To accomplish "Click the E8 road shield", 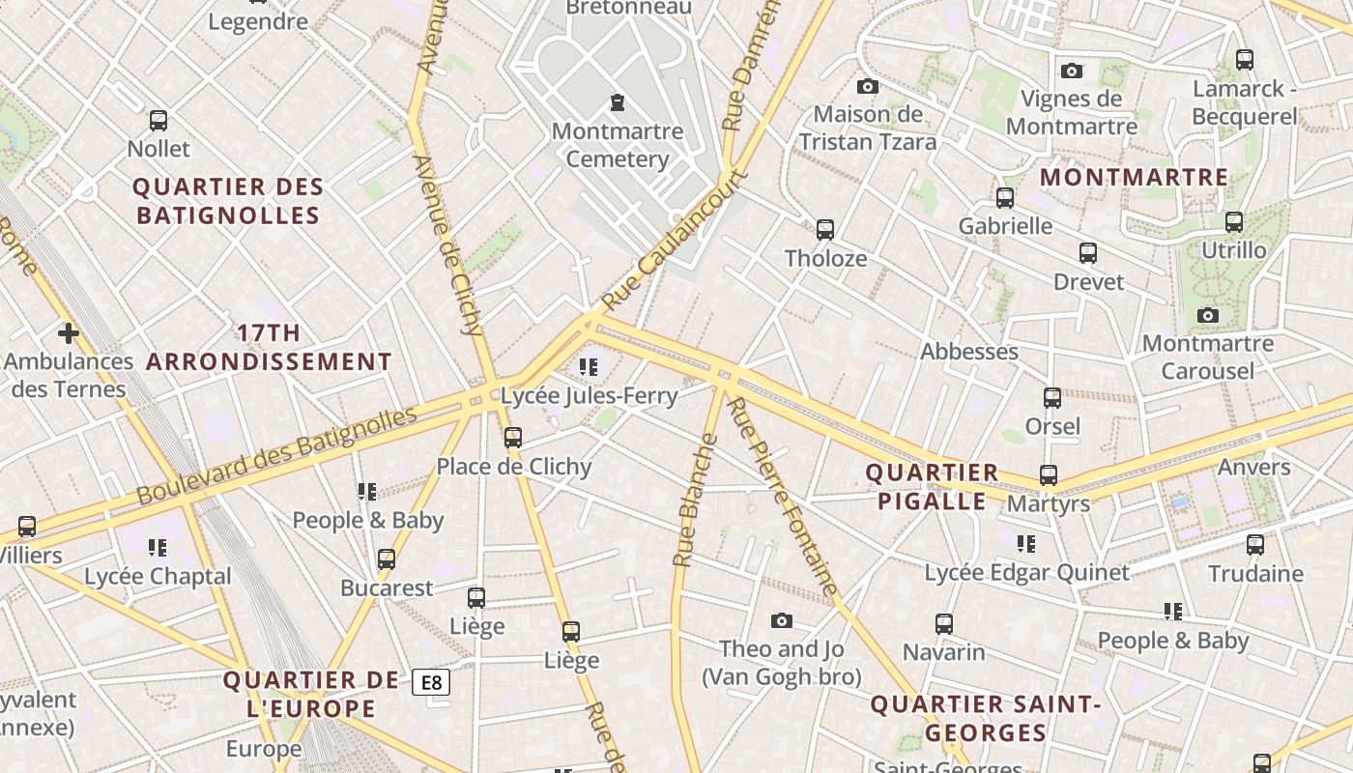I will (431, 682).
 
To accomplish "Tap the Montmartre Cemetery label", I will (618, 145).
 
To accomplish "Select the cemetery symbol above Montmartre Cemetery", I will (617, 102).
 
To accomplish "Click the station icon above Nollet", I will (158, 121).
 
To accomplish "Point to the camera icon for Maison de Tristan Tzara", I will (868, 86).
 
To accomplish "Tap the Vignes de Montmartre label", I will (1071, 112).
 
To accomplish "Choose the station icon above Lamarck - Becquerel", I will (1245, 60).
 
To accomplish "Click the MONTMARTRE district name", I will (1134, 178).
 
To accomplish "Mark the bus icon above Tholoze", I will (825, 230).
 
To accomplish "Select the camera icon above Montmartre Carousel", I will (1207, 315).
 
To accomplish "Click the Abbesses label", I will (969, 351).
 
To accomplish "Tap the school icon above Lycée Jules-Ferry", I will (589, 367).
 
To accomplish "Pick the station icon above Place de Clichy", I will (513, 438).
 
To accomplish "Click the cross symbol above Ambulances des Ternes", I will (68, 333).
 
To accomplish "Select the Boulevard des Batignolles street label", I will (276, 455).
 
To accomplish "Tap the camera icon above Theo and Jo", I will (782, 620).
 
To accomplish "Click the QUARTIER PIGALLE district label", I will (932, 487).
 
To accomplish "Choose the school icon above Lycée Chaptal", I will (158, 548).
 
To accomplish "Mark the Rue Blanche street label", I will (696, 500).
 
